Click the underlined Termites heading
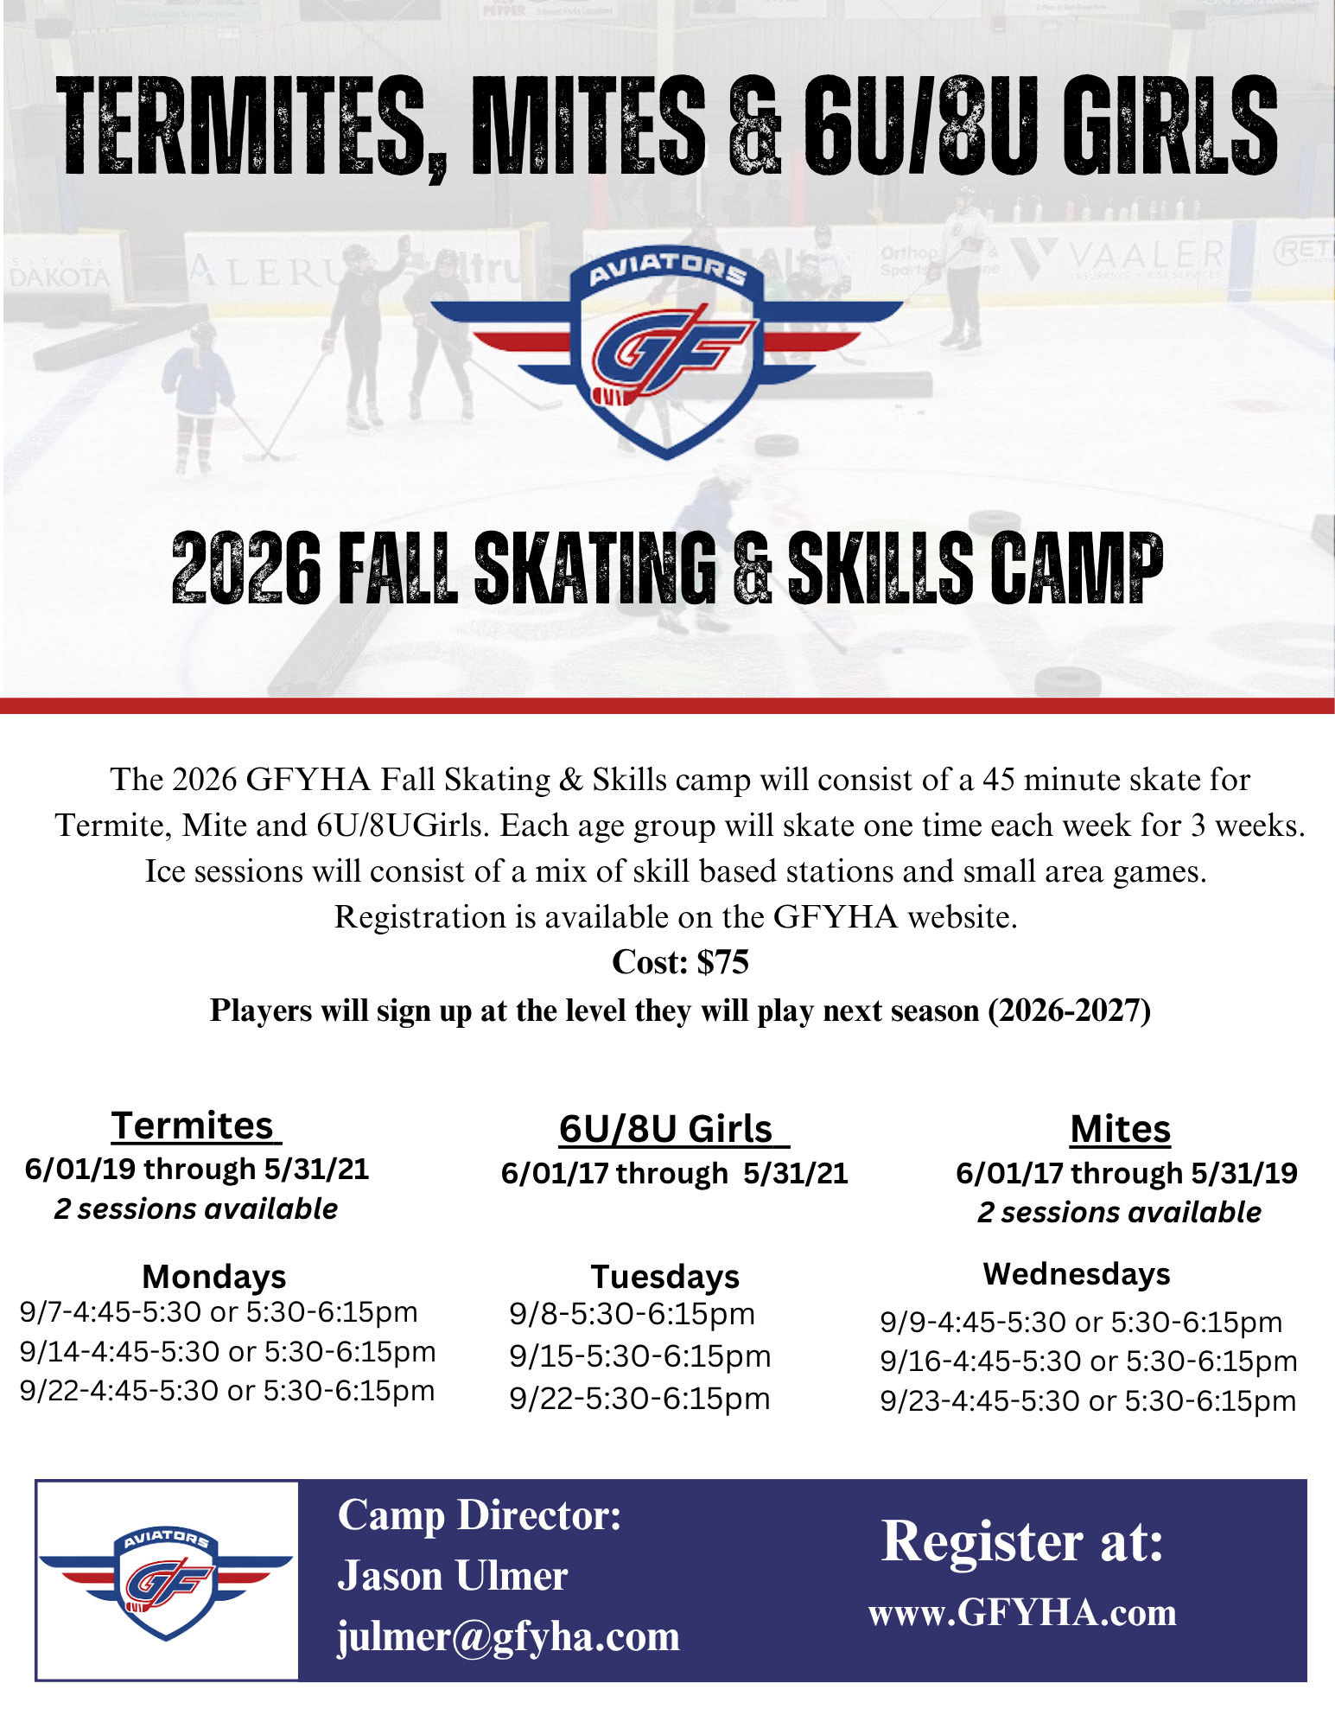coord(196,1125)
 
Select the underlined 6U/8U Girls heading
coord(674,1129)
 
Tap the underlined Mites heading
coord(1120,1129)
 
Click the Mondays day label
coord(213,1276)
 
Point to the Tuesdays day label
coord(665,1276)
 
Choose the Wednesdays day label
coord(1077,1273)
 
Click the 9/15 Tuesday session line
coord(640,1356)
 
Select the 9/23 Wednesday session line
coord(1088,1400)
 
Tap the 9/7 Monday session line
coord(219,1312)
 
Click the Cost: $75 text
coord(680,962)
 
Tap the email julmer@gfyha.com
coord(508,1636)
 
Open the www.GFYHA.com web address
coord(1022,1613)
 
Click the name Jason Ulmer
coord(453,1575)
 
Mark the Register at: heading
coord(1022,1541)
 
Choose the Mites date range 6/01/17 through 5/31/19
coord(1126,1173)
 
